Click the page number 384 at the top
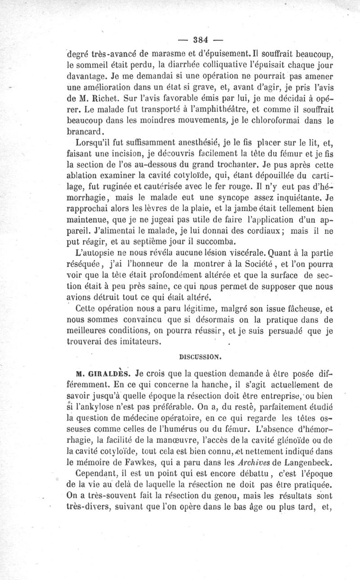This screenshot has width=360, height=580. [196, 38]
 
